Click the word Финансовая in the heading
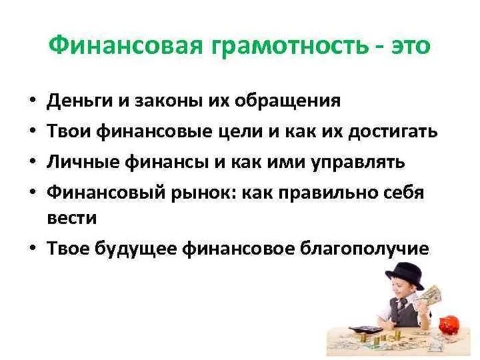tap(125, 47)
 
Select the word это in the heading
tap(411, 47)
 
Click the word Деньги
tap(80, 101)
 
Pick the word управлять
tap(357, 163)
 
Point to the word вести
tap(71, 218)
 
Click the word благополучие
tap(364, 248)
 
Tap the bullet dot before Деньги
tap(33, 100)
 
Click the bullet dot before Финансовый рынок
tap(33, 192)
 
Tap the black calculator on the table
tap(365, 329)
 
